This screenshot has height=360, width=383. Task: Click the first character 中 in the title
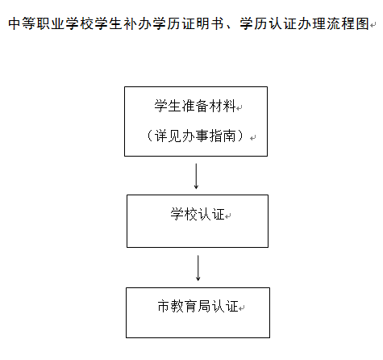[x=15, y=23]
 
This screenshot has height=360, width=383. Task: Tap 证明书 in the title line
[x=202, y=23]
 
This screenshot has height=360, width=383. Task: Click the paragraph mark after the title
[x=373, y=25]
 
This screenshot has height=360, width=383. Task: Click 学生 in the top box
[x=168, y=106]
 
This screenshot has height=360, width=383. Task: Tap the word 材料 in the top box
[x=223, y=106]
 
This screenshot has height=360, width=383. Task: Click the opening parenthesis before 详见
[x=150, y=136]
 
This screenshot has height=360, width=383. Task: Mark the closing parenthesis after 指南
[x=240, y=136]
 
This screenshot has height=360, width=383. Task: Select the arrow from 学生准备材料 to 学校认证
[x=196, y=176]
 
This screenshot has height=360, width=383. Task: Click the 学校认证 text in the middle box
[x=198, y=214]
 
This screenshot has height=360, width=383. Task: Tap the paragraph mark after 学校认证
[x=228, y=216]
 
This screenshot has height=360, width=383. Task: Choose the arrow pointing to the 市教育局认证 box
[x=198, y=268]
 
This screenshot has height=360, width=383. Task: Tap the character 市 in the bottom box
[x=164, y=306]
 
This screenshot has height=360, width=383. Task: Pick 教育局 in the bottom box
[x=191, y=306]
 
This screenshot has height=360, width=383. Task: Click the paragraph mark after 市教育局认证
[x=242, y=308]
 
